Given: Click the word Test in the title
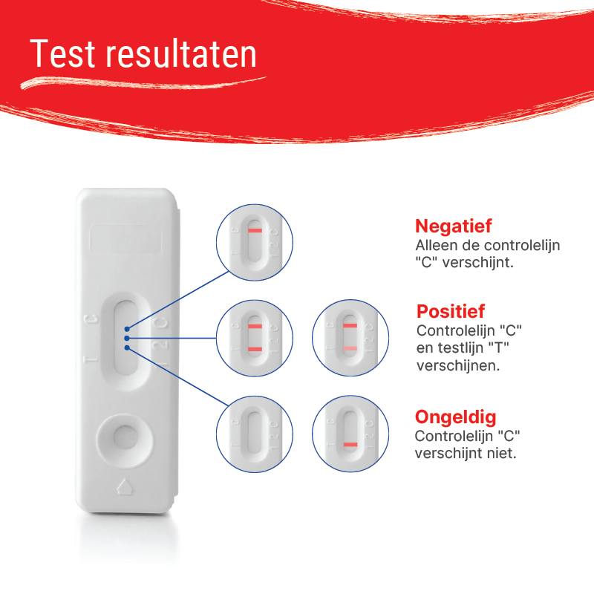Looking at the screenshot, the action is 62,53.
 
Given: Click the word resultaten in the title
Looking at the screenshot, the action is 181,53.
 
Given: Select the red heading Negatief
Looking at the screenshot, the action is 454,226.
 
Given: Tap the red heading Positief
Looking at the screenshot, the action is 451,311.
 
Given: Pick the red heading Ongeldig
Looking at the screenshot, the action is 455,417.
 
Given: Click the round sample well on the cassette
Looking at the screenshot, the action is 125,440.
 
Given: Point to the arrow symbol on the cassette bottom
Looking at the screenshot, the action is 125,486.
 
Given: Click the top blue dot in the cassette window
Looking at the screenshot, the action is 127,329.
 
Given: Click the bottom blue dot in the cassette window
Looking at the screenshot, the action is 127,347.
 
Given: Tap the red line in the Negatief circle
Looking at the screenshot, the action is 255,230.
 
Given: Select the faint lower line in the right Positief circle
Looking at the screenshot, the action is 350,348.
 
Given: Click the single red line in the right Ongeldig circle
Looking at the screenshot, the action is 350,444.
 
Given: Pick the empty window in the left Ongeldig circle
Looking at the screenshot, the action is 255,432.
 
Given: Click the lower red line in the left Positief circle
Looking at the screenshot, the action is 255,349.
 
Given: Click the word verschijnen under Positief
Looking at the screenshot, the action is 458,365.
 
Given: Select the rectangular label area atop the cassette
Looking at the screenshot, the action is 125,240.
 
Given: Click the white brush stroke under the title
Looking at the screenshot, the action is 143,83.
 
